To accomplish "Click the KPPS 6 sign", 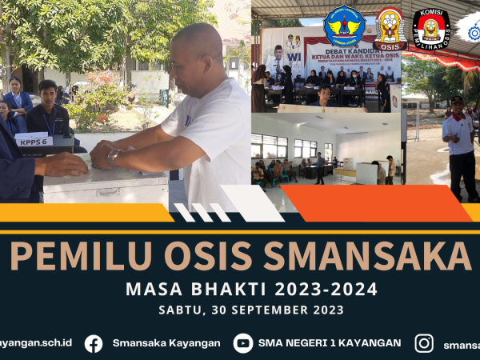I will pos(34,140).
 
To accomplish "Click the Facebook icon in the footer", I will pos(94,343).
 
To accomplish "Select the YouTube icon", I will pos(243,343).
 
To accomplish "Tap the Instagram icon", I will pos(424,343).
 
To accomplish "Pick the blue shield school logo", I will pos(345,26).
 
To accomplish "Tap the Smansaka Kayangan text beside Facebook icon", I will pos(166,343).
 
